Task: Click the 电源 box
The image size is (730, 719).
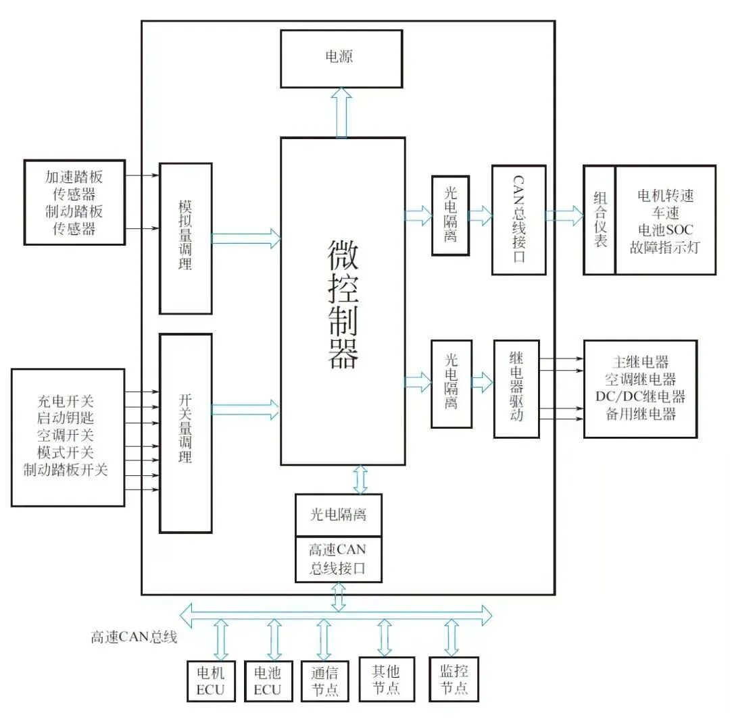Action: (x=341, y=59)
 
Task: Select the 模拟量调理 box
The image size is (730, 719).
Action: (x=185, y=238)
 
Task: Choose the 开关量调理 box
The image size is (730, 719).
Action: (x=185, y=432)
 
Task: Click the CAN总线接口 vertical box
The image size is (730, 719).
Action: (x=518, y=220)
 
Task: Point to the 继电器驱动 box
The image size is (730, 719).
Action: (x=516, y=389)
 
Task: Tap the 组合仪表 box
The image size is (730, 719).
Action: (x=600, y=220)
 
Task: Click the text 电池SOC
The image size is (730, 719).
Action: (x=665, y=230)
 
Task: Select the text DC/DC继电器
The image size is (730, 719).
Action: (x=640, y=396)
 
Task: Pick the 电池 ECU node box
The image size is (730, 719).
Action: (x=267, y=681)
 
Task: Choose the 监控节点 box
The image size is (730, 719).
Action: (x=454, y=679)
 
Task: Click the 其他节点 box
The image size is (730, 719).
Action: (x=386, y=679)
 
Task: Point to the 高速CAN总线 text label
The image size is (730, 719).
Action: (x=133, y=636)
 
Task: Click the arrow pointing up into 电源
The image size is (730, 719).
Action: (x=342, y=113)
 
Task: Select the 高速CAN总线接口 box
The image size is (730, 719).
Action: (x=338, y=559)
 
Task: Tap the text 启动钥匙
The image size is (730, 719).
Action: (x=66, y=418)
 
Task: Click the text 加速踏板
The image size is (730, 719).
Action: (x=74, y=178)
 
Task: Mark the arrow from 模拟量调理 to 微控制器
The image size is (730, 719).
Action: (x=245, y=238)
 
